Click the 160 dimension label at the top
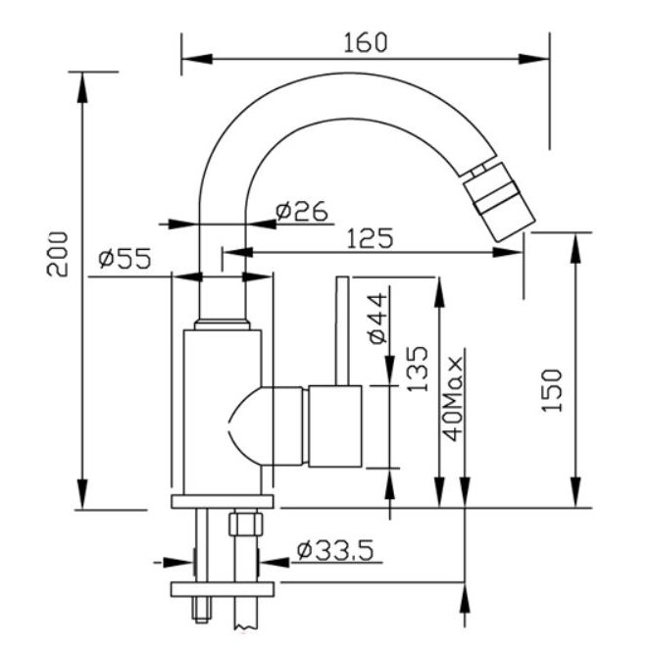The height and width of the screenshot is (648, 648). [366, 42]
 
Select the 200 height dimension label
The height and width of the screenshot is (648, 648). [57, 254]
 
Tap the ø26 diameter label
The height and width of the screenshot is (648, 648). [302, 211]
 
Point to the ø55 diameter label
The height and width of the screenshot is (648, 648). [125, 259]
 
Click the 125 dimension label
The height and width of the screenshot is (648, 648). [370, 238]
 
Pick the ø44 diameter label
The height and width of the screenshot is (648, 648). [378, 319]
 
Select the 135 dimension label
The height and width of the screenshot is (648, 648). [418, 369]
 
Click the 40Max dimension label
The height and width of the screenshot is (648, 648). [452, 399]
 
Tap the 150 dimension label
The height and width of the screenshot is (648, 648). [552, 390]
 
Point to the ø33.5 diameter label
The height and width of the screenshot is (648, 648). [335, 550]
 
